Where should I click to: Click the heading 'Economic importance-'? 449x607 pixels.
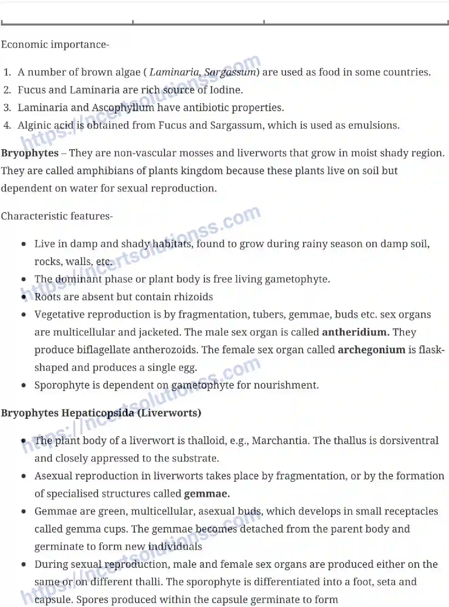55,45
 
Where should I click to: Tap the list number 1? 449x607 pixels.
7,72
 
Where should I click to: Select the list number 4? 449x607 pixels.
7,125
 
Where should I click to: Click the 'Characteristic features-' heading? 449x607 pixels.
57,216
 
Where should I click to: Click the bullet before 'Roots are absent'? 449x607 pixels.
24,297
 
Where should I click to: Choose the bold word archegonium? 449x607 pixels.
371,350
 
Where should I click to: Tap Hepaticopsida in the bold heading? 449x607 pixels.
97,413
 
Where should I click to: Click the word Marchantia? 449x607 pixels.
281,440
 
